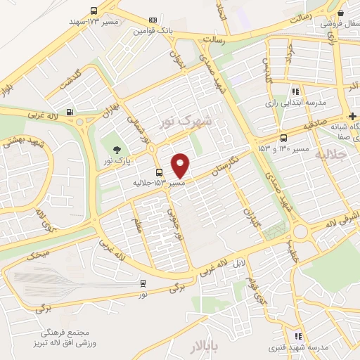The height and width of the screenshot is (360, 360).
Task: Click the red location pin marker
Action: coord(181,165)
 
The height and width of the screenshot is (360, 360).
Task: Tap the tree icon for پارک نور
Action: coord(117,149)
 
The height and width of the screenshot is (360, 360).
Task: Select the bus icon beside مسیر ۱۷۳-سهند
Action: coord(94,11)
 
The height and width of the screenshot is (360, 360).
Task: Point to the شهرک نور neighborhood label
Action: coord(186,120)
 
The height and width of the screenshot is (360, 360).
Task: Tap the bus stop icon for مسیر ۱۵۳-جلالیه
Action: coord(160,172)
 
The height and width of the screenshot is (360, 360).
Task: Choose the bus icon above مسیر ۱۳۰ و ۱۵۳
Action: coord(283,138)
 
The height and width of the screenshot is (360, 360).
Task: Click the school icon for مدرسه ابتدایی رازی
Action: coord(296,91)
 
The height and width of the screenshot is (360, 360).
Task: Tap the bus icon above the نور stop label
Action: coord(143,283)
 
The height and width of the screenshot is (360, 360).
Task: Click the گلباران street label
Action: coord(250,208)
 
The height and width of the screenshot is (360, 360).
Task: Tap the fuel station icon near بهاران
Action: coord(69,112)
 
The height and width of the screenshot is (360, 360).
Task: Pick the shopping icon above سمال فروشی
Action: coord(340,13)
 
